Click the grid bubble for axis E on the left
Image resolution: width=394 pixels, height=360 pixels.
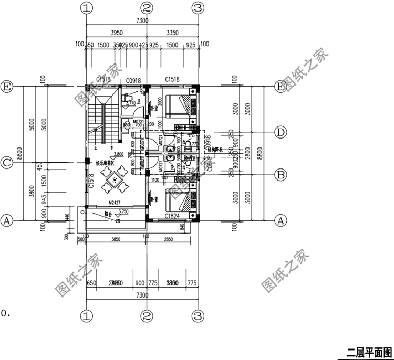tap(7, 86)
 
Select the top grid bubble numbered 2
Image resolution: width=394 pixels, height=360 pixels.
tap(147, 8)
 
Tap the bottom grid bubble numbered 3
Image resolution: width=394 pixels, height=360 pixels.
tap(198, 316)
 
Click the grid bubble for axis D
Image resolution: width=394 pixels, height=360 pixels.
tap(281, 131)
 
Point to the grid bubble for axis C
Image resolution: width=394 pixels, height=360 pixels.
tap(7, 163)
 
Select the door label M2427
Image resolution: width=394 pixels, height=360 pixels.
tap(116, 202)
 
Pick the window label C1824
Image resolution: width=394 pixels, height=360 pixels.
tap(173, 216)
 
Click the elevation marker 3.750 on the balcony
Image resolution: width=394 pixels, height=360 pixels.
tap(124, 211)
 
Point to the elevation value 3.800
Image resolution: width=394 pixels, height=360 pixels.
tap(119, 154)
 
